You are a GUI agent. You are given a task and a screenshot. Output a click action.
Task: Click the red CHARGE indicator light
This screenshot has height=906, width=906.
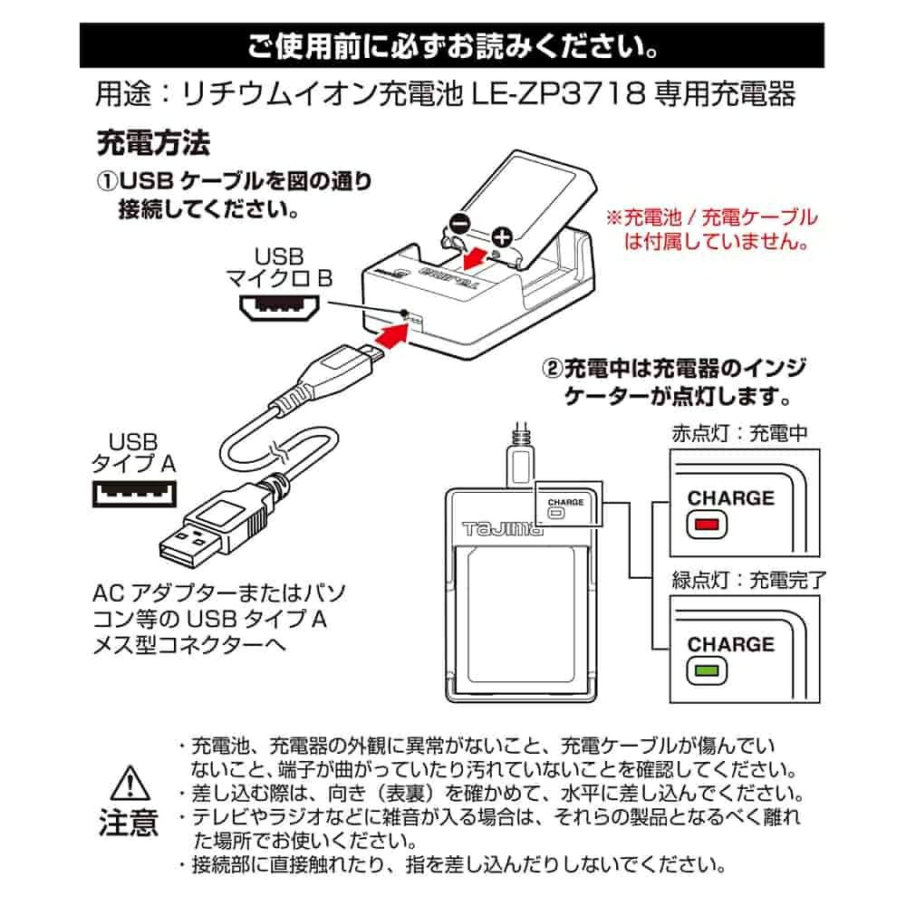click(x=702, y=525)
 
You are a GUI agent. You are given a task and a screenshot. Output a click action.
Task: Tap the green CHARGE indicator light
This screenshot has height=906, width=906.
click(x=702, y=671)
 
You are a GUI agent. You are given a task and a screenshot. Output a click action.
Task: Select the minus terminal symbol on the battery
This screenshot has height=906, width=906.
click(x=459, y=222)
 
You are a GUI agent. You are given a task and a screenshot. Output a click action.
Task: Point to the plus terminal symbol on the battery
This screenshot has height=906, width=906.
click(x=501, y=238)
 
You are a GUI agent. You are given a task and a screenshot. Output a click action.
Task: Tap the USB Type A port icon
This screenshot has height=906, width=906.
click(x=133, y=494)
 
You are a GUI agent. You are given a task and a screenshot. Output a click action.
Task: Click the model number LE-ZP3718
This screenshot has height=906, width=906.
click(x=564, y=93)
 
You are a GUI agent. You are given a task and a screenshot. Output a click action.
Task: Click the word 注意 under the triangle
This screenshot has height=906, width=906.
click(x=128, y=822)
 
